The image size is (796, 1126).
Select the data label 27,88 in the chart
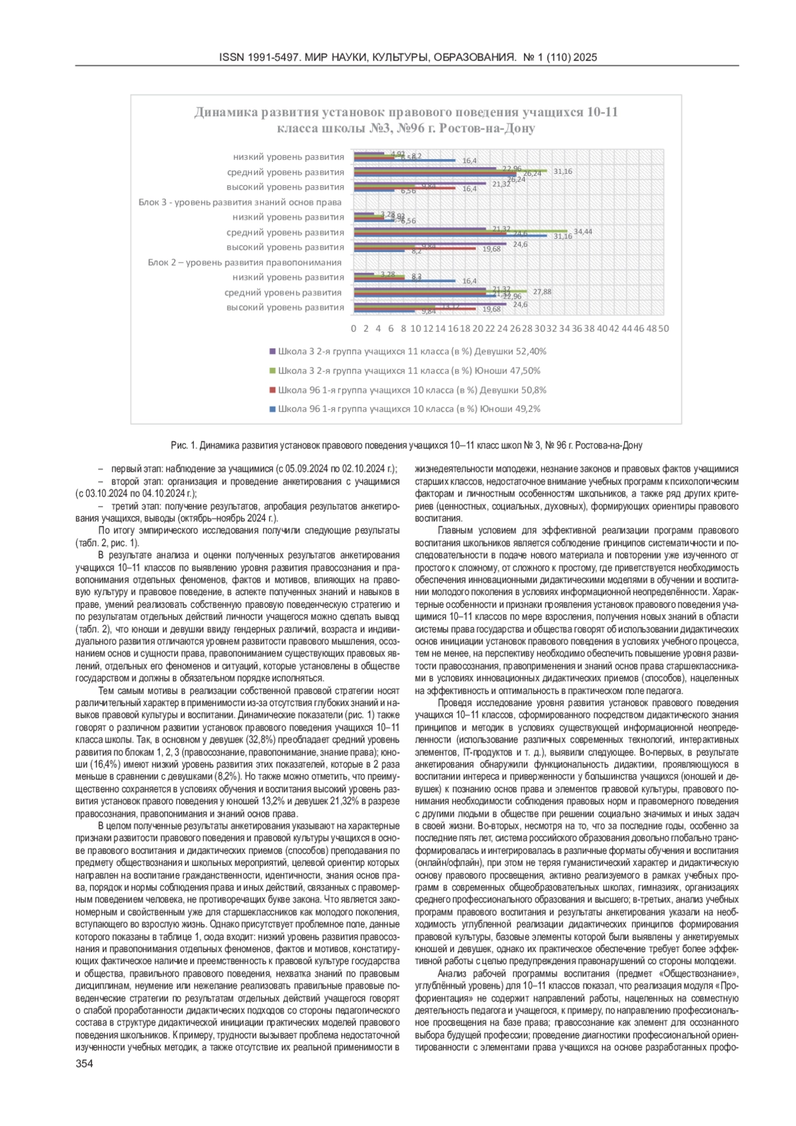[x=542, y=291]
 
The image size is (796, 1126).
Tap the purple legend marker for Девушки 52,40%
[x=272, y=352]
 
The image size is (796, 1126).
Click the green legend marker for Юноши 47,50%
[x=272, y=371]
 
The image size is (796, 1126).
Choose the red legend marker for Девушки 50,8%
[x=272, y=390]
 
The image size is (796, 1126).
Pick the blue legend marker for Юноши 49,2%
[x=272, y=409]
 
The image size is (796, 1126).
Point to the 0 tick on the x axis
[x=354, y=328]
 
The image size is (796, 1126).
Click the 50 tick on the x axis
[x=663, y=328]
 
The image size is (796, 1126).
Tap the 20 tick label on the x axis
[x=478, y=328]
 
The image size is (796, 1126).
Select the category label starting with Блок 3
[x=240, y=202]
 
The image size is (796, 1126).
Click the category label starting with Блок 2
[x=245, y=262]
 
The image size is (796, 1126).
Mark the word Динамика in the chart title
[x=222, y=112]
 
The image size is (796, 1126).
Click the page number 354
[x=84, y=1064]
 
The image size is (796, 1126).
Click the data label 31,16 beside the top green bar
[x=563, y=171]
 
